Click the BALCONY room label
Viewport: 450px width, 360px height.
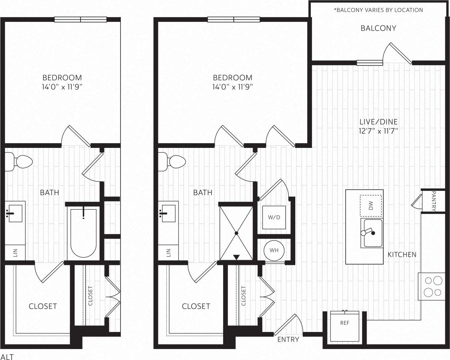click(378, 28)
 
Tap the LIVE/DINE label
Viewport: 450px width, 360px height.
click(378, 122)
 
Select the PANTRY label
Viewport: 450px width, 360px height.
click(434, 201)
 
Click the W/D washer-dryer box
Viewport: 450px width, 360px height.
click(274, 218)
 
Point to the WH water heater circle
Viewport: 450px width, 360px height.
click(274, 250)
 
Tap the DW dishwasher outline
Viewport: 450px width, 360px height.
click(371, 206)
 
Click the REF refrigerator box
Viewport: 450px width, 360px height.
click(344, 326)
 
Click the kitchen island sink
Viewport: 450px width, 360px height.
click(371, 233)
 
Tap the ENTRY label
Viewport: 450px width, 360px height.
click(288, 340)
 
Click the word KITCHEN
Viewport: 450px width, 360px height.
click(402, 255)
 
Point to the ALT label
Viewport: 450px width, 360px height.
click(7, 356)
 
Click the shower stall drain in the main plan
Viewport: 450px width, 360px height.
click(236, 233)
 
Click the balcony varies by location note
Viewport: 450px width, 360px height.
click(378, 10)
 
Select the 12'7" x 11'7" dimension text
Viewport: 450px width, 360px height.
click(378, 131)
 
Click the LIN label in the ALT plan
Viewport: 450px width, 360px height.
click(15, 253)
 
